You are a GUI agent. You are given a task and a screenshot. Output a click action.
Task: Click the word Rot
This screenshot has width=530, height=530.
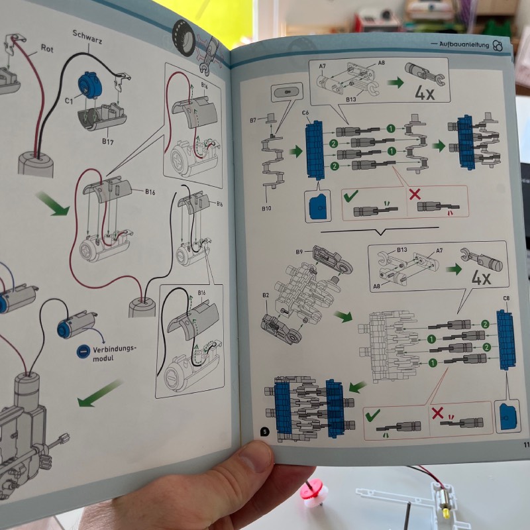[x=46, y=48]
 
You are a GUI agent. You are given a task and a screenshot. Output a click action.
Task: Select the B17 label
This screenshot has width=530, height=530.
[x=105, y=141]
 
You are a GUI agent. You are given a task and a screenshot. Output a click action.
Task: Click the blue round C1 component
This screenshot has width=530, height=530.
[x=88, y=84]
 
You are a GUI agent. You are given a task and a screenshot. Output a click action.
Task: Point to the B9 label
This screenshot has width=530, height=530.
[x=299, y=252]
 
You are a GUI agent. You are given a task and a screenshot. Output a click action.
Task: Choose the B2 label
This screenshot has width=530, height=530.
[x=266, y=294]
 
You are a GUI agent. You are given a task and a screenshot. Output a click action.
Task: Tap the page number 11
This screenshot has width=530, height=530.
[x=525, y=445]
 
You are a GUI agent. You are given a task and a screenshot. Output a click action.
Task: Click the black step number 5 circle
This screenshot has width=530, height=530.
[x=265, y=431]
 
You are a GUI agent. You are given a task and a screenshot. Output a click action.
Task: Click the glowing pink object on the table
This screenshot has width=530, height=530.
[x=315, y=492]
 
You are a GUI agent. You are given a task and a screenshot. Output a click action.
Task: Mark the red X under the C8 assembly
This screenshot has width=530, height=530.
[x=437, y=413]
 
